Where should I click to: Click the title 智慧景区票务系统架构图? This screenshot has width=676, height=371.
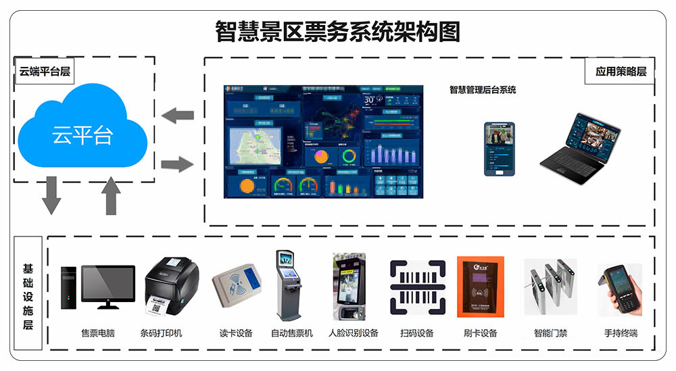(337, 31)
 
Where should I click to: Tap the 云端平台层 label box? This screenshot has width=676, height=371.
(45, 71)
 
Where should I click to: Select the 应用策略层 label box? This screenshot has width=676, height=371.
(621, 71)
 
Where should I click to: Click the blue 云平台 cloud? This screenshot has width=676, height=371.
(82, 132)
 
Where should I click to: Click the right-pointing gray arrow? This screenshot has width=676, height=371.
(178, 163)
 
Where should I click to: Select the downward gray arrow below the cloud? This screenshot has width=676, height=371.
(51, 195)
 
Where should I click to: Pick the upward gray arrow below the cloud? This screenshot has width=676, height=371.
(111, 195)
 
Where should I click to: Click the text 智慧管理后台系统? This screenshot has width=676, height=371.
(483, 90)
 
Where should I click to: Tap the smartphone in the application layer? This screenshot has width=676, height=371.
(499, 149)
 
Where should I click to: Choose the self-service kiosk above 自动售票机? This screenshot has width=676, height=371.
(288, 285)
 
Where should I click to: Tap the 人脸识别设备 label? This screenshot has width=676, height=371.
(353, 333)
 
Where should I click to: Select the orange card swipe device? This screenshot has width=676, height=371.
(481, 287)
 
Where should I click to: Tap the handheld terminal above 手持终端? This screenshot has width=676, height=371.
(620, 290)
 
